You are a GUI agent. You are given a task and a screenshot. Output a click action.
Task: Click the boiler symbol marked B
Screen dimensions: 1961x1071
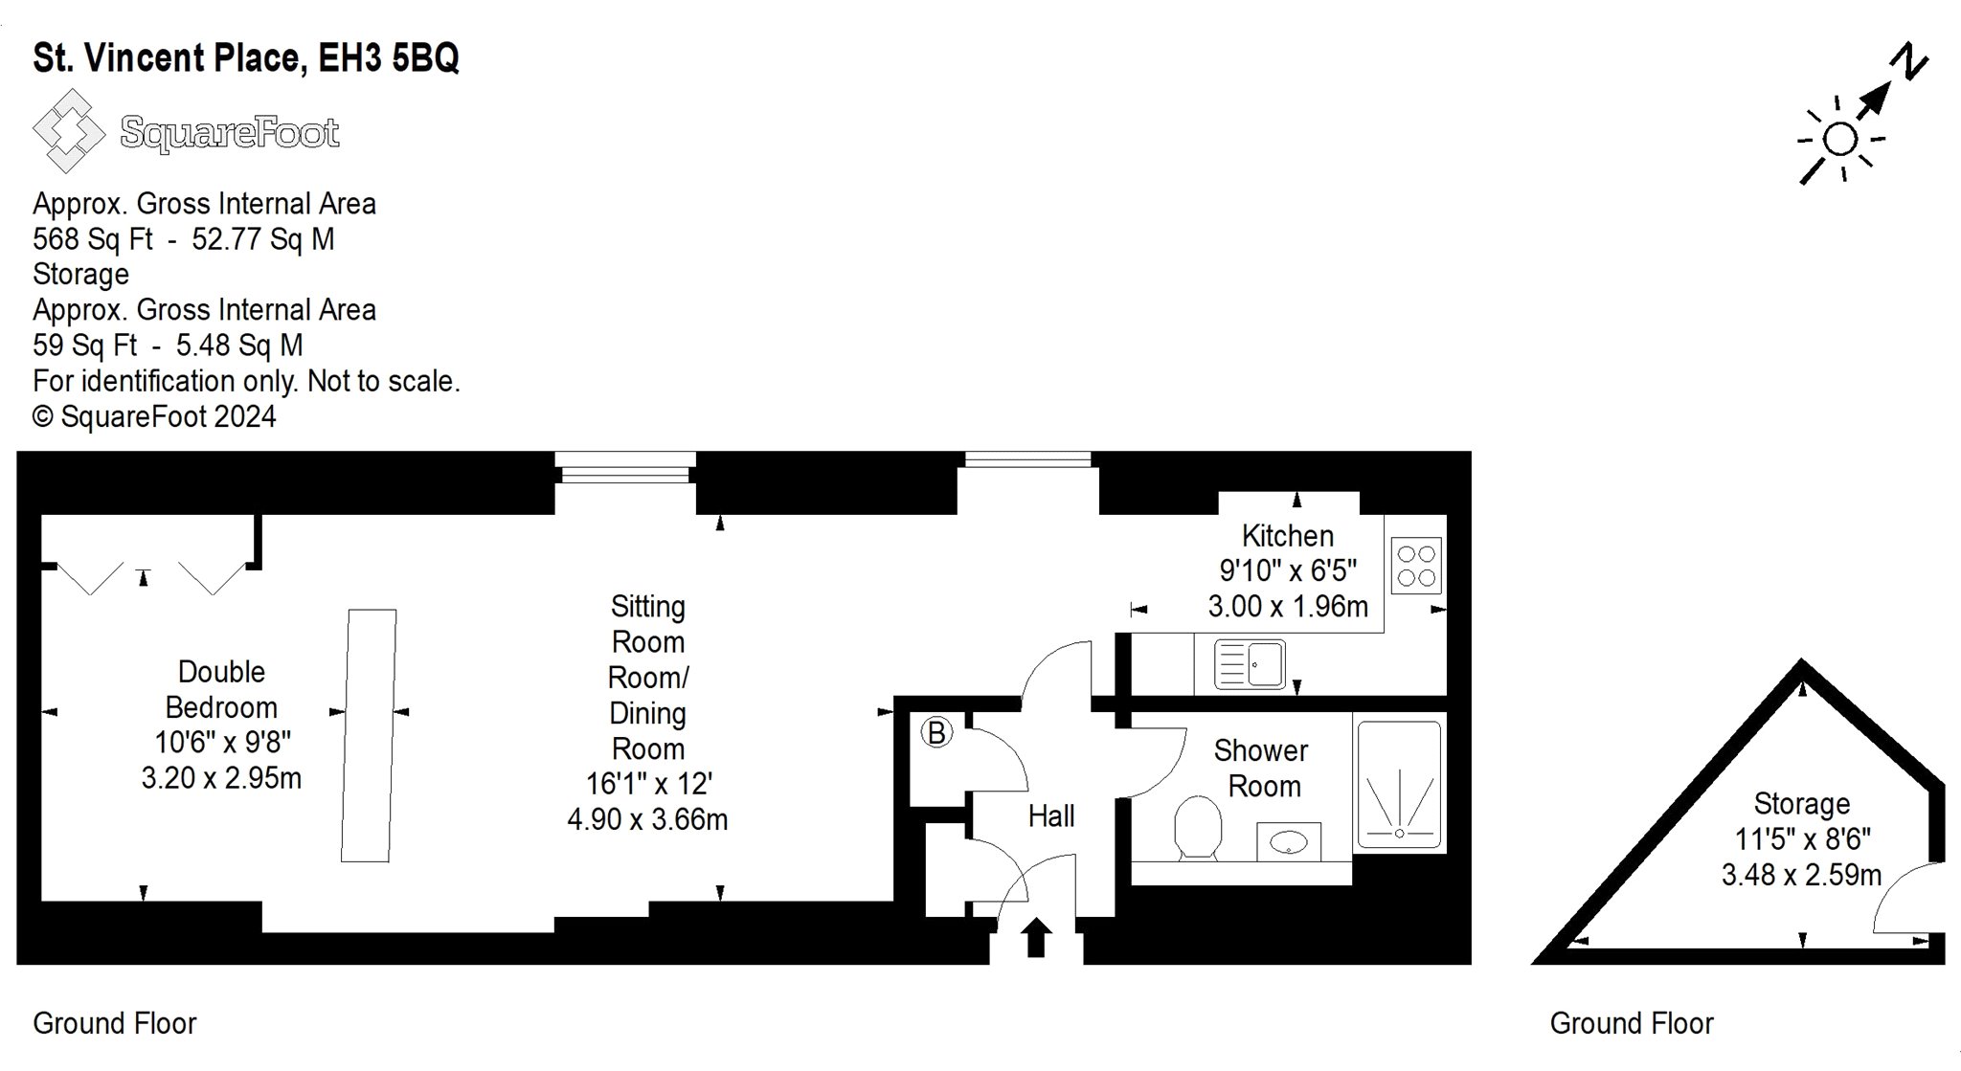936,733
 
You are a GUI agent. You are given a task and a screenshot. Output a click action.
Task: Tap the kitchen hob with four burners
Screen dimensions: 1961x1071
1416,566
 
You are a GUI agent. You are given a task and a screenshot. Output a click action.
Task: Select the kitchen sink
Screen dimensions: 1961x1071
1250,664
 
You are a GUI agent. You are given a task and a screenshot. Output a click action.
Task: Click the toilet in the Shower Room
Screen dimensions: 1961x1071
1197,828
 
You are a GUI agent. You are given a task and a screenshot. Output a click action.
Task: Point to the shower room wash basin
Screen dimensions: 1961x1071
1289,842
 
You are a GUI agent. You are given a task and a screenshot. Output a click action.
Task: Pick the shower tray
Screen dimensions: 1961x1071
1399,785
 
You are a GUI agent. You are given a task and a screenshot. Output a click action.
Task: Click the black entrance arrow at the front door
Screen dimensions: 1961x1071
1035,937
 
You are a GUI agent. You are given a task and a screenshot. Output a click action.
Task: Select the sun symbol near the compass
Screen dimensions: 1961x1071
1839,140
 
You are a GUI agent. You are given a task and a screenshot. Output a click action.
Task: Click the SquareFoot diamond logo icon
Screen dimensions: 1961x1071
68,131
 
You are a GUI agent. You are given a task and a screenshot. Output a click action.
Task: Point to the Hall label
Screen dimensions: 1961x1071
1051,816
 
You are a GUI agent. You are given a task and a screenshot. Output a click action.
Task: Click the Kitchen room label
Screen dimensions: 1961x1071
1288,536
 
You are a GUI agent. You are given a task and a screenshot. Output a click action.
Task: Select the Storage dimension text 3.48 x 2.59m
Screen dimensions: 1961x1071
1801,875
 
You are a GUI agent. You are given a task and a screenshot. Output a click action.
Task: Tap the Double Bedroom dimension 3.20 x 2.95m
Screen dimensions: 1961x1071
221,778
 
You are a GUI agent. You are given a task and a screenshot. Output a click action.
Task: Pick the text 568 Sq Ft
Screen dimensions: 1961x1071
92,239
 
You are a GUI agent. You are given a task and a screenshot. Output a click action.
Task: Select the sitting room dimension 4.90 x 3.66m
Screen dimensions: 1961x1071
647,820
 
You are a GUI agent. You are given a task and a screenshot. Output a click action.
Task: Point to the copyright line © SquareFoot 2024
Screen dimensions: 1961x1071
154,417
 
